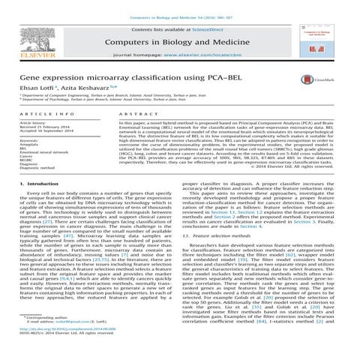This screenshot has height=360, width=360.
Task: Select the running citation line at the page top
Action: click(x=180, y=7)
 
